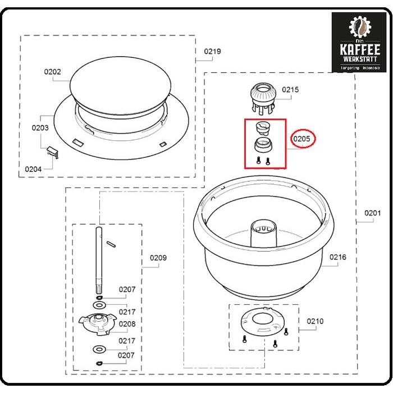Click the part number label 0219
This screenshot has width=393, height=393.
212,52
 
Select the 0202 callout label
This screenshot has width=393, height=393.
53,72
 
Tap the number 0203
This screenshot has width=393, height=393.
40,127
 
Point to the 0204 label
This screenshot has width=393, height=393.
34,168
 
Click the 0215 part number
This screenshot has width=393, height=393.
290,89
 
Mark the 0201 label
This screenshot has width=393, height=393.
372,213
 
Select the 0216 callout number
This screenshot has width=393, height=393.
338,257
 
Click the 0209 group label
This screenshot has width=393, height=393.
158,258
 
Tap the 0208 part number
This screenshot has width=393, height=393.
127,324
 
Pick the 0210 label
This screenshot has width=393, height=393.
315,321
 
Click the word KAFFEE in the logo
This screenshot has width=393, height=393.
359,49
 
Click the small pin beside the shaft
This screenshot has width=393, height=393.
111,243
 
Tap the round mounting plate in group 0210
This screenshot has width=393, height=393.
262,323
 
